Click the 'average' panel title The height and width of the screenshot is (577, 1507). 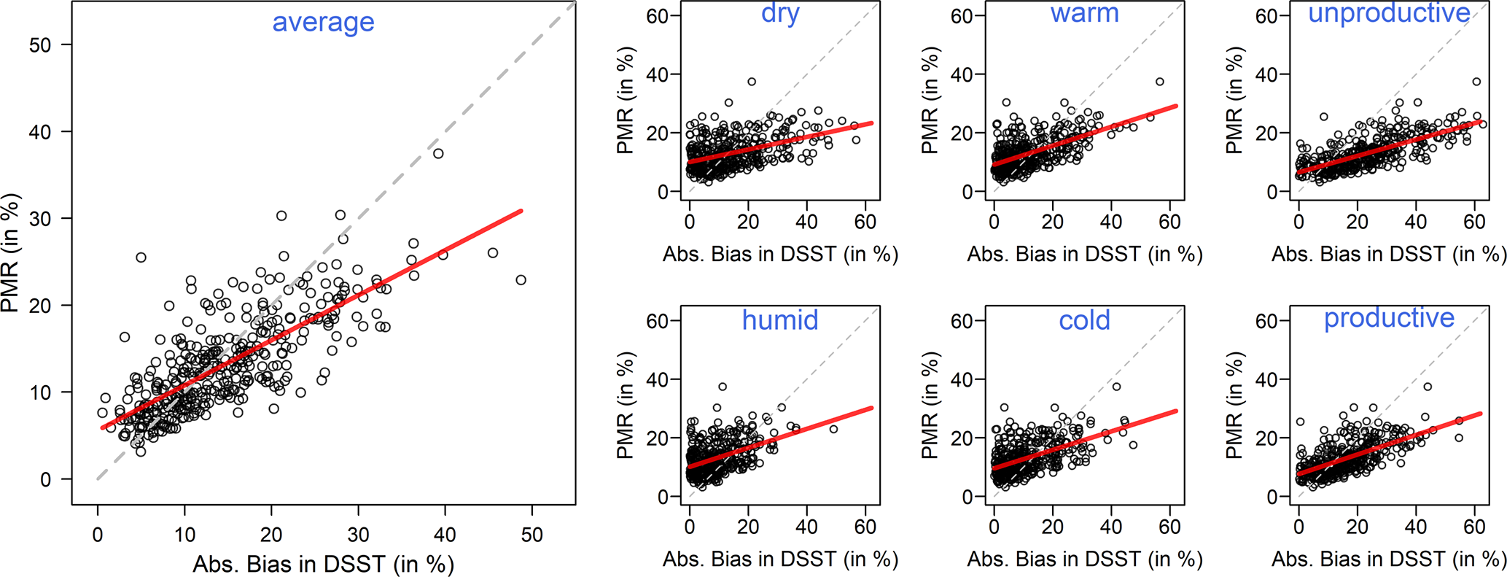point(323,23)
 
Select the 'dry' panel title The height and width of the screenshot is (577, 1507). point(780,14)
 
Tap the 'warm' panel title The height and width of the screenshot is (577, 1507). point(1084,14)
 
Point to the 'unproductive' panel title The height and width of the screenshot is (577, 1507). point(1389,14)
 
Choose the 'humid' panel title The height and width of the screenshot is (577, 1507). point(780,320)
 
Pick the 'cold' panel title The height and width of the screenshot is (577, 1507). point(1084,320)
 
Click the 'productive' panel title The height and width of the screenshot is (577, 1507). point(1389,318)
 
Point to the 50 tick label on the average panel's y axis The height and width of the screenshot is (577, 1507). point(40,45)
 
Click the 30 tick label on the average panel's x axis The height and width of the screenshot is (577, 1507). point(358,535)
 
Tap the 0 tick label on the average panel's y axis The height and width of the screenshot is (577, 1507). point(46,480)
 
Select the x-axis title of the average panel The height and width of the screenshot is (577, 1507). point(323,564)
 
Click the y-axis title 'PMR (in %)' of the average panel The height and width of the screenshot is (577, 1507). point(10,253)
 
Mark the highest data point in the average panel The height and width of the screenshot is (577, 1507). point(438,153)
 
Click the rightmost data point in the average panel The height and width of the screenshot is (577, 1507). point(521,280)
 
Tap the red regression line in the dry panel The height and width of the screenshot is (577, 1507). point(780,143)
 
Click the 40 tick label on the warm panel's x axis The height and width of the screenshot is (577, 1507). point(1111,222)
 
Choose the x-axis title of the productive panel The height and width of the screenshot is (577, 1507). point(1389,559)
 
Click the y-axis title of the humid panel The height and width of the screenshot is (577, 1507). point(625,406)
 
